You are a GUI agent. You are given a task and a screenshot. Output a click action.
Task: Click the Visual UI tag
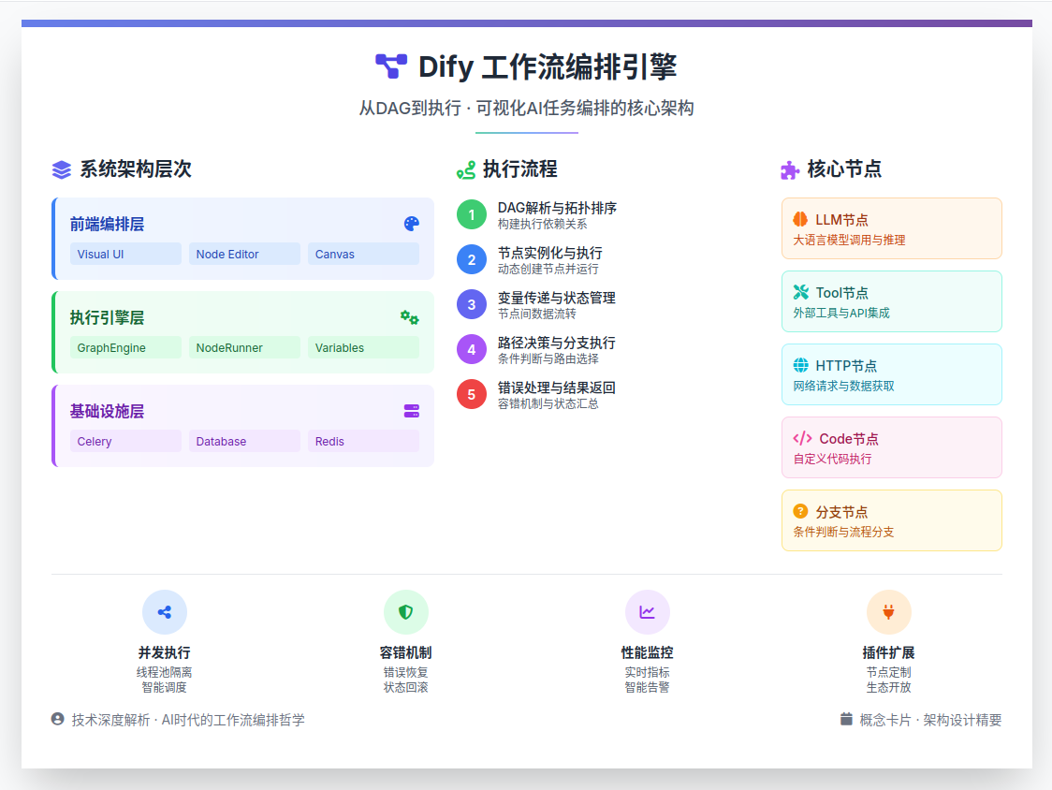(x=125, y=254)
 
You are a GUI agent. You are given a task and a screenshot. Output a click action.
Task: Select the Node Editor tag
(x=244, y=254)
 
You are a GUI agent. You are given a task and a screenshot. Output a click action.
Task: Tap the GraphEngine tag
(x=125, y=347)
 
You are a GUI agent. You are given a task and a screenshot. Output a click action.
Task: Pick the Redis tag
(x=363, y=441)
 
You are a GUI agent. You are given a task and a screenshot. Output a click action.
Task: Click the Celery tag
(x=125, y=441)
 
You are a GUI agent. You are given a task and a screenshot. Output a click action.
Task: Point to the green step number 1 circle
(x=472, y=214)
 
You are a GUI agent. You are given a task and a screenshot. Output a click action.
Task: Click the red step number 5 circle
(x=472, y=394)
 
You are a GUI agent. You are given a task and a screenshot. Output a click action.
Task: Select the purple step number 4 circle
(x=472, y=349)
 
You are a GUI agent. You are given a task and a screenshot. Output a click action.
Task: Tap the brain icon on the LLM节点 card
(x=800, y=219)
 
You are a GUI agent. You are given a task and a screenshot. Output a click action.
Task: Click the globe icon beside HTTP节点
(x=800, y=365)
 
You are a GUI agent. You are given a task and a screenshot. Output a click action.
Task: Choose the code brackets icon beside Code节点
(x=802, y=438)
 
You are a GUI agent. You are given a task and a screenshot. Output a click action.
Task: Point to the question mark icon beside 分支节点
(x=800, y=511)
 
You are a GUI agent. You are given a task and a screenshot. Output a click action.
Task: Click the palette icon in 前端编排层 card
(x=412, y=224)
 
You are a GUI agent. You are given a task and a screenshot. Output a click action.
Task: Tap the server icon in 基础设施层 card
(x=412, y=411)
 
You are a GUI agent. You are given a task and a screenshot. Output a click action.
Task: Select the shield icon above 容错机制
(x=406, y=612)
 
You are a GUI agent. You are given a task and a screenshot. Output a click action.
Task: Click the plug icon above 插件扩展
(x=889, y=612)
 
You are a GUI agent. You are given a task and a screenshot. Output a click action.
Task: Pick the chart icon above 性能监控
(x=648, y=612)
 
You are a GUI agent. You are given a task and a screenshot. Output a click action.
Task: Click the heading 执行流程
(x=519, y=169)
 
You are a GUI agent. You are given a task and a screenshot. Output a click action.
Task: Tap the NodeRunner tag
(x=244, y=347)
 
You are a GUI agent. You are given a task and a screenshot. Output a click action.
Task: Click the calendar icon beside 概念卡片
(x=846, y=719)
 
